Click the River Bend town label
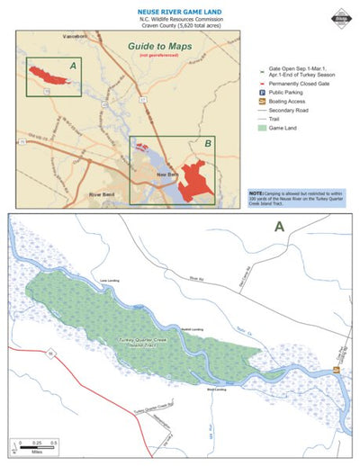(103, 193)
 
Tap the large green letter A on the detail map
(280, 227)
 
